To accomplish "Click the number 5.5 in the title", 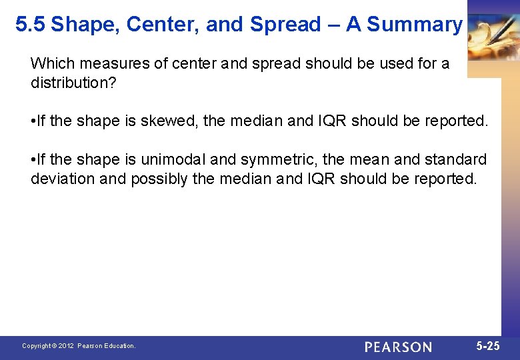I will (x=31, y=25).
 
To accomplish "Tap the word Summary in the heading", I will (x=414, y=25).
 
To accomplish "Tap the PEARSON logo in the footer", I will (x=398, y=347).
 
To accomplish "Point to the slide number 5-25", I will (x=488, y=346).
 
